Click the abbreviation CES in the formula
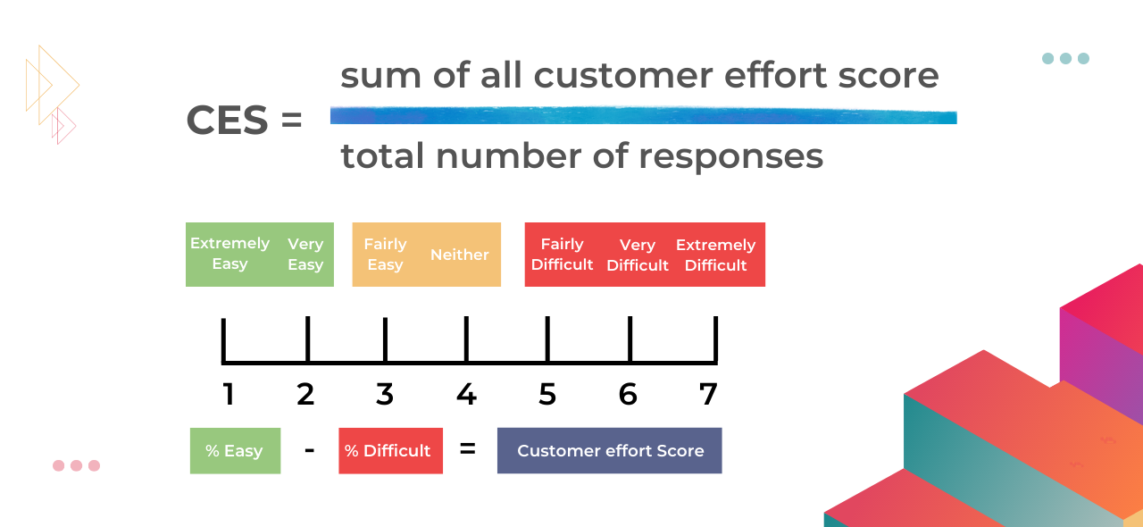pyautogui.click(x=227, y=121)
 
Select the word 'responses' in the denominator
pyautogui.click(x=730, y=156)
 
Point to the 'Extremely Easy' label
pyautogui.click(x=229, y=254)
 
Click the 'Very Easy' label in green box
pyautogui.click(x=305, y=255)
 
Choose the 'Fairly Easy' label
pyautogui.click(x=385, y=255)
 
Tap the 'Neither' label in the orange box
pyautogui.click(x=460, y=255)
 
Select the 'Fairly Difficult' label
pyautogui.click(x=562, y=255)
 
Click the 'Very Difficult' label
pyautogui.click(x=638, y=255)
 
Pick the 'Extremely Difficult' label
pyautogui.click(x=715, y=255)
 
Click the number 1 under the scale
pyautogui.click(x=229, y=394)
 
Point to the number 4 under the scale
pyautogui.click(x=466, y=394)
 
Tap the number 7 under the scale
pyautogui.click(x=708, y=394)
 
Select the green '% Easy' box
pyautogui.click(x=235, y=451)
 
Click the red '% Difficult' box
pyautogui.click(x=390, y=451)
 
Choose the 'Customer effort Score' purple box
pyautogui.click(x=610, y=451)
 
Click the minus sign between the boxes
pyautogui.click(x=309, y=449)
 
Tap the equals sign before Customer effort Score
pyautogui.click(x=467, y=449)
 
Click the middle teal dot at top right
pyautogui.click(x=1065, y=59)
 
